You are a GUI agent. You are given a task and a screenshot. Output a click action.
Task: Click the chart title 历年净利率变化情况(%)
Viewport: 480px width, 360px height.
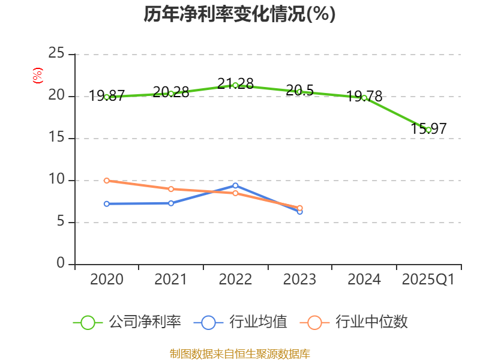point(239,14)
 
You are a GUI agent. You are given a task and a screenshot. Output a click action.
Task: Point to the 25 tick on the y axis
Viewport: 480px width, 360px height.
point(56,54)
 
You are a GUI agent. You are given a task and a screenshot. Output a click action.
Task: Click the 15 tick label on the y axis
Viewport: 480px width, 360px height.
point(56,138)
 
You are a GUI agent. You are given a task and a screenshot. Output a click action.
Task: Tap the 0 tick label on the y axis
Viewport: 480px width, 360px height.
point(61,264)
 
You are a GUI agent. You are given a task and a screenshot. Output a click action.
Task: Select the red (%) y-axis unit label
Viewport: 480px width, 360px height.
point(37,76)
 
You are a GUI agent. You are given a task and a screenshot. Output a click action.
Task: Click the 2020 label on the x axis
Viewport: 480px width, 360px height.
point(107,280)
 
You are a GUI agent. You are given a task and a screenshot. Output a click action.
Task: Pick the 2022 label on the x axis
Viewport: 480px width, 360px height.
point(235,280)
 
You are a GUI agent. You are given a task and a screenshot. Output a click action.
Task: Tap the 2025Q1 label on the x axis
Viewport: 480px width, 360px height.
point(428,280)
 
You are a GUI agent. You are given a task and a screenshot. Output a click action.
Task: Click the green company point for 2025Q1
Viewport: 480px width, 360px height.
point(428,130)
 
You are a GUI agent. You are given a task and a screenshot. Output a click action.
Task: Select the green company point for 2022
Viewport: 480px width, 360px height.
point(235,85)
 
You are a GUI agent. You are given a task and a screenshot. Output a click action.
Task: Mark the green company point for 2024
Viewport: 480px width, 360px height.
point(364,98)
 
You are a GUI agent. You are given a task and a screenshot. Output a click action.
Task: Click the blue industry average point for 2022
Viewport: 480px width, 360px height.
point(235,185)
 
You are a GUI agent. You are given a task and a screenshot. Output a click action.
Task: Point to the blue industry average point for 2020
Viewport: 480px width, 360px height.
point(107,204)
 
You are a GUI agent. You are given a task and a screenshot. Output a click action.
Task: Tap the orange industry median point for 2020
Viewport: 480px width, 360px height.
point(107,181)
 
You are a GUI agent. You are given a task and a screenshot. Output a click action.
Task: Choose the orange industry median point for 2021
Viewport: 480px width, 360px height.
point(171,189)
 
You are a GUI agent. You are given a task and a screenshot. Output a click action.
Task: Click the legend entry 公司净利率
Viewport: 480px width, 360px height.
point(144,322)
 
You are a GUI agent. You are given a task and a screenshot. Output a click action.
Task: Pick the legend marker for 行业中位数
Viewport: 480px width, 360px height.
point(315,323)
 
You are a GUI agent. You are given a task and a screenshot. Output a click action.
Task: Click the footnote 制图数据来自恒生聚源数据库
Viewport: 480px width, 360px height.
point(239,353)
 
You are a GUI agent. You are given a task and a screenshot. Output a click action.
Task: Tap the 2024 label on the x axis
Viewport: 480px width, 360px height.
point(364,280)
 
